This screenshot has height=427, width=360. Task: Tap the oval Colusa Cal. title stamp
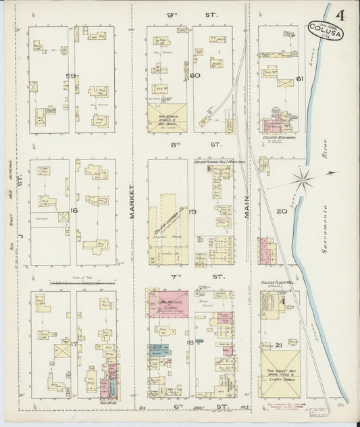click(320, 28)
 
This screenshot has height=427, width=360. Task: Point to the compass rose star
click(302, 179)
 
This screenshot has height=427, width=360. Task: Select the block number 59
click(68, 76)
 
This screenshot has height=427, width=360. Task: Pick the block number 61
click(300, 80)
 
